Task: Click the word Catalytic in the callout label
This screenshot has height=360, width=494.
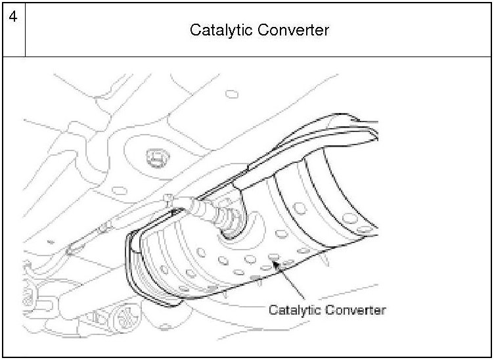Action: (294, 309)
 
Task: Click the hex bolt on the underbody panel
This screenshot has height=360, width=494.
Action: (155, 157)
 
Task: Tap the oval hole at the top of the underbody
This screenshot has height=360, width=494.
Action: (232, 94)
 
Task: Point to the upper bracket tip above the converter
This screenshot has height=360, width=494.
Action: (358, 120)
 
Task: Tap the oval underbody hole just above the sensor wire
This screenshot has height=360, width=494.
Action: (118, 191)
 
